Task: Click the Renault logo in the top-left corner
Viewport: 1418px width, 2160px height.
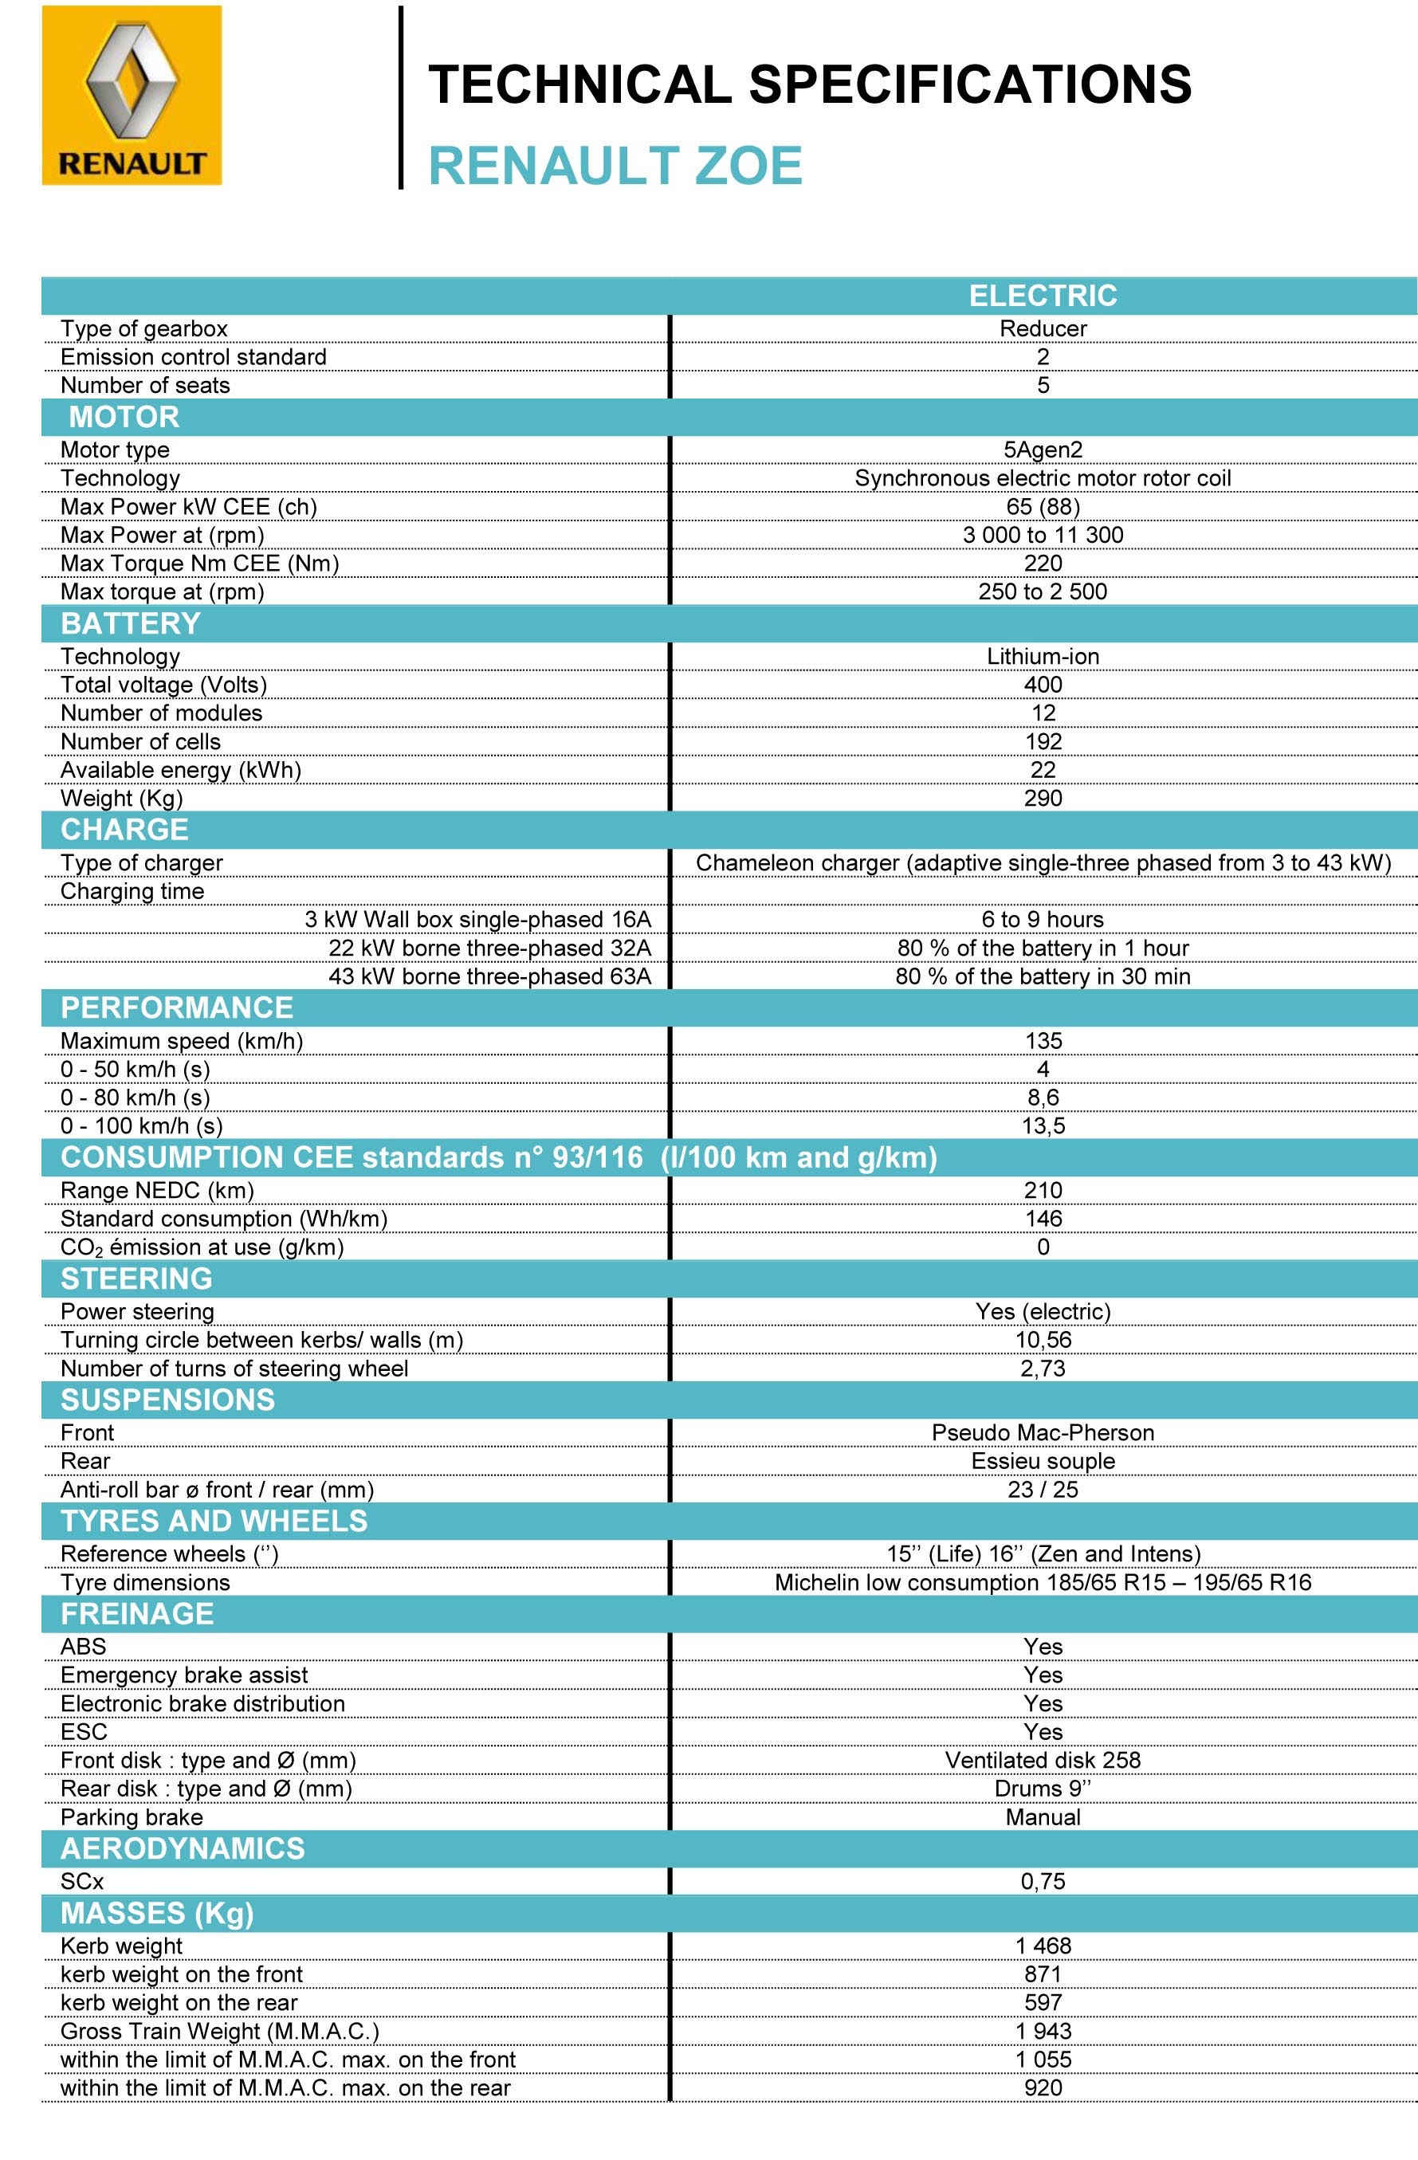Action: tap(132, 96)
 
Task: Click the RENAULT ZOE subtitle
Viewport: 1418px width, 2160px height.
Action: tap(615, 166)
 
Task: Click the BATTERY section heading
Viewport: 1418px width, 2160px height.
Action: tap(131, 623)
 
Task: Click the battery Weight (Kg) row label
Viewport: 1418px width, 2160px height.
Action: tap(122, 799)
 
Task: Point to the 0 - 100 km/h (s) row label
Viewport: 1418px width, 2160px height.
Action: tap(142, 1126)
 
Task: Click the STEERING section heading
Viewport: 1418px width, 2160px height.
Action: tap(136, 1278)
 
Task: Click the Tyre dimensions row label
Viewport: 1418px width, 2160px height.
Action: tap(145, 1583)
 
